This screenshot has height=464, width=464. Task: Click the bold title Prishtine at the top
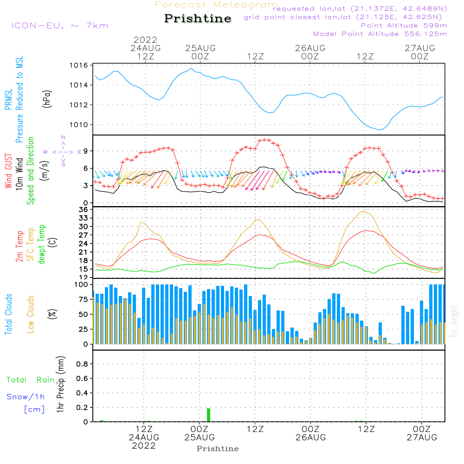click(198, 19)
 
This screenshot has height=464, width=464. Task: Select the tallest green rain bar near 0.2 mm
click(208, 415)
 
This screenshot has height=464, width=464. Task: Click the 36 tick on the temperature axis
click(84, 209)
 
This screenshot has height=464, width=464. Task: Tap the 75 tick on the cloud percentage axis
click(84, 299)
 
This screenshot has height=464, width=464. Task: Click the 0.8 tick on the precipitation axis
click(82, 364)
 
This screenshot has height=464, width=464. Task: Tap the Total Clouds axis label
click(8, 314)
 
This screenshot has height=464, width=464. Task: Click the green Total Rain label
click(31, 380)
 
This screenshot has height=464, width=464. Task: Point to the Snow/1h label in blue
click(26, 397)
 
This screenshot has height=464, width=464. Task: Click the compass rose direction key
click(63, 151)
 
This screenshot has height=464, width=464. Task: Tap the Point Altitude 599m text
click(404, 25)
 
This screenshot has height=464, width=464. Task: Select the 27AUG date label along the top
click(420, 48)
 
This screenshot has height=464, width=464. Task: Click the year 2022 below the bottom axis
click(144, 446)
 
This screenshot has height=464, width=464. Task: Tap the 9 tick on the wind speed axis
click(86, 151)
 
